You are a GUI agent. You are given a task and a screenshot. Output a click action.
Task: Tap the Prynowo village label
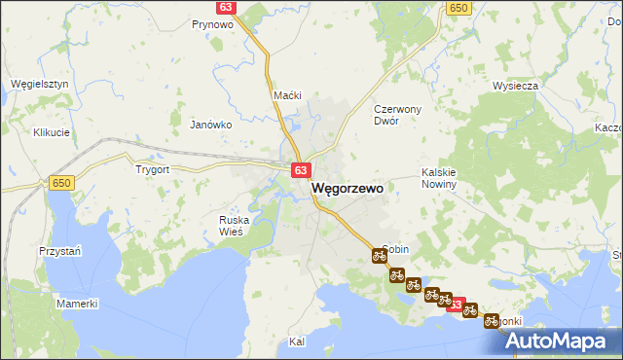pyautogui.click(x=211, y=24)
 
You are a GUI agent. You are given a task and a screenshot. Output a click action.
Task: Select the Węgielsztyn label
pyautogui.click(x=39, y=84)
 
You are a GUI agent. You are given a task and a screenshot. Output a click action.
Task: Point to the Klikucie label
pyautogui.click(x=51, y=132)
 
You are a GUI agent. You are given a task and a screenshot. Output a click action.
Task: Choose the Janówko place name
pyautogui.click(x=210, y=125)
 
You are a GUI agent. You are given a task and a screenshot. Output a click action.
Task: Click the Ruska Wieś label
pyautogui.click(x=234, y=226)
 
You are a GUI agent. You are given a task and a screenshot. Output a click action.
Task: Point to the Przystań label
pyautogui.click(x=59, y=250)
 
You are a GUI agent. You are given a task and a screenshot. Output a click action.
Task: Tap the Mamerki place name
pyautogui.click(x=77, y=304)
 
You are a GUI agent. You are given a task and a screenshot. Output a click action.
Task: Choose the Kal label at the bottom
pyautogui.click(x=298, y=342)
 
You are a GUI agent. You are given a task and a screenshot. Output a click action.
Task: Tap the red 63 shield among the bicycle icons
pyautogui.click(x=456, y=305)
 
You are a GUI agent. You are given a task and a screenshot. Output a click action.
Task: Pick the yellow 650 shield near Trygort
pyautogui.click(x=62, y=183)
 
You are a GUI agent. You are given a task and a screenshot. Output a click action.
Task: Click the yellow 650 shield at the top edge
pyautogui.click(x=458, y=7)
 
